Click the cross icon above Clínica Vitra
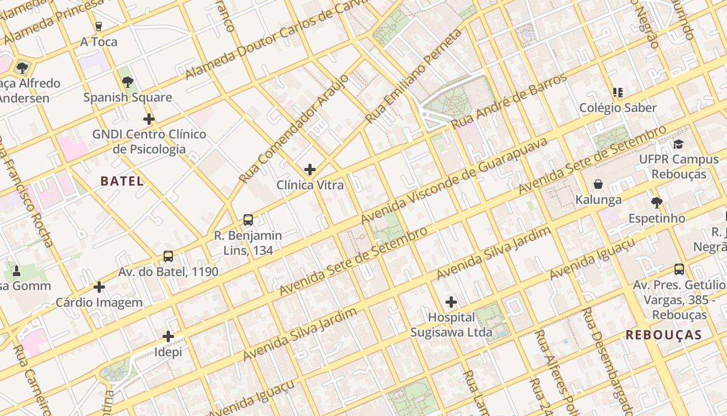click(x=310, y=170)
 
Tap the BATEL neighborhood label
click(x=122, y=181)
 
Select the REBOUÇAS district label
click(x=664, y=335)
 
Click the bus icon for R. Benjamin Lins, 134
click(x=248, y=220)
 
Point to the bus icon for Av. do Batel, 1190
click(x=168, y=256)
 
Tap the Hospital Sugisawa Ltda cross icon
click(x=451, y=302)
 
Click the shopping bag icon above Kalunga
click(x=598, y=184)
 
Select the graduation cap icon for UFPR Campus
click(x=679, y=144)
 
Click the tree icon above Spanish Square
click(x=128, y=82)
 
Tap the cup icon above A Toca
click(x=99, y=26)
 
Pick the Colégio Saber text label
click(x=618, y=108)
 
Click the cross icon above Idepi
click(x=168, y=336)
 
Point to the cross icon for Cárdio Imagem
click(x=99, y=287)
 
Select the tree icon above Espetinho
click(x=657, y=202)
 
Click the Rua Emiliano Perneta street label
click(x=413, y=76)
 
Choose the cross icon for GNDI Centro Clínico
click(x=149, y=119)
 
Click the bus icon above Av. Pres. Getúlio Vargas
click(x=679, y=269)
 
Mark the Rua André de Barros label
click(x=509, y=101)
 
